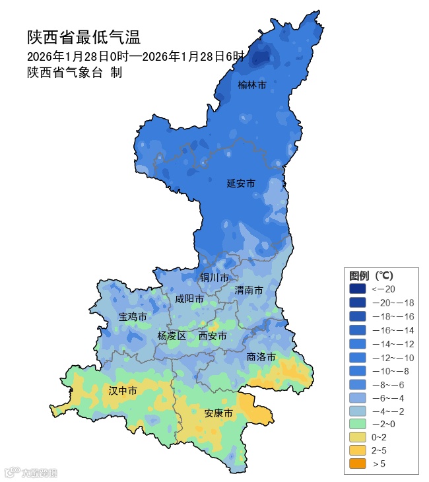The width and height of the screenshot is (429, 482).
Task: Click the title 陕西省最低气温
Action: (84, 37)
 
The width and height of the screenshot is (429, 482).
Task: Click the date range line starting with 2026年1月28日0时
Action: (136, 56)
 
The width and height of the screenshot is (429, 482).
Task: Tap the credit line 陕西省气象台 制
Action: (75, 73)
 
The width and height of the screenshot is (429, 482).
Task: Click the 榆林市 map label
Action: (252, 85)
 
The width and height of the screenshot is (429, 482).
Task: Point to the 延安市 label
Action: (241, 183)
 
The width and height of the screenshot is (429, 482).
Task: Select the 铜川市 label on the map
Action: (214, 277)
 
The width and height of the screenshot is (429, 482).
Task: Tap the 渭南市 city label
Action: (249, 290)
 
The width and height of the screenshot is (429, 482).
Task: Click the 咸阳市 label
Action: (189, 299)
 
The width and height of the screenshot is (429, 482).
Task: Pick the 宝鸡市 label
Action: (133, 317)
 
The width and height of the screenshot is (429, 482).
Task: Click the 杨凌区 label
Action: (172, 336)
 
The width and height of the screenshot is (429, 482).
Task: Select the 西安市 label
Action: (213, 336)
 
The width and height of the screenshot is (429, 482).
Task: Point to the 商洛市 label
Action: (261, 357)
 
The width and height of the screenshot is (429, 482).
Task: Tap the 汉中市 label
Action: (123, 391)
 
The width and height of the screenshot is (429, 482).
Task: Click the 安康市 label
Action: (218, 413)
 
